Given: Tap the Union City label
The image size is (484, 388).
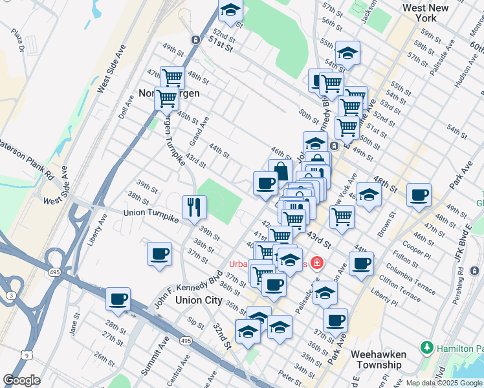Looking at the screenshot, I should [x=200, y=301].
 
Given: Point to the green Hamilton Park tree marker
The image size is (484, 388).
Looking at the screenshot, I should [x=427, y=348].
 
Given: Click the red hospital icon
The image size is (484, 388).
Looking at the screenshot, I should [x=316, y=263].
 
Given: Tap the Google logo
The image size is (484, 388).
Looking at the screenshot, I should [x=21, y=380].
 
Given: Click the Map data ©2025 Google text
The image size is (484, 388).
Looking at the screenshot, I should [x=444, y=383].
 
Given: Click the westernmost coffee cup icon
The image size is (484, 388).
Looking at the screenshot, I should [x=118, y=299].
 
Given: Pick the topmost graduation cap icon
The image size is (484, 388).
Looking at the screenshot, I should [x=230, y=9].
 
